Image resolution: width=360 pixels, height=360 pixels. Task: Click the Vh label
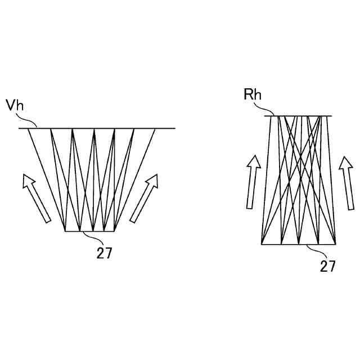15,106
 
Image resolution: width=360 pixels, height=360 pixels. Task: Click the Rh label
253,94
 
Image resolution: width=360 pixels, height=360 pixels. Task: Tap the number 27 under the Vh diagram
104,253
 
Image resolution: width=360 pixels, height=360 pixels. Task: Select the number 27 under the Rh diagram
328,265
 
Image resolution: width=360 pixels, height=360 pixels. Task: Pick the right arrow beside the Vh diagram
145,198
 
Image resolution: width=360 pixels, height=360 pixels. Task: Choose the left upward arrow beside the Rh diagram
253,181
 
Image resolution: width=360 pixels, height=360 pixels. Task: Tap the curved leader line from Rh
268,109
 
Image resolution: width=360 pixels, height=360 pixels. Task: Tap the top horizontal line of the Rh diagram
298,116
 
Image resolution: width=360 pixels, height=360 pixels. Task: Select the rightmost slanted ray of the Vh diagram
134,180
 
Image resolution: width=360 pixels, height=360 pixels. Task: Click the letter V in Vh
10,106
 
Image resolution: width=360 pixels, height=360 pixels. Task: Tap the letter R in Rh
249,94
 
